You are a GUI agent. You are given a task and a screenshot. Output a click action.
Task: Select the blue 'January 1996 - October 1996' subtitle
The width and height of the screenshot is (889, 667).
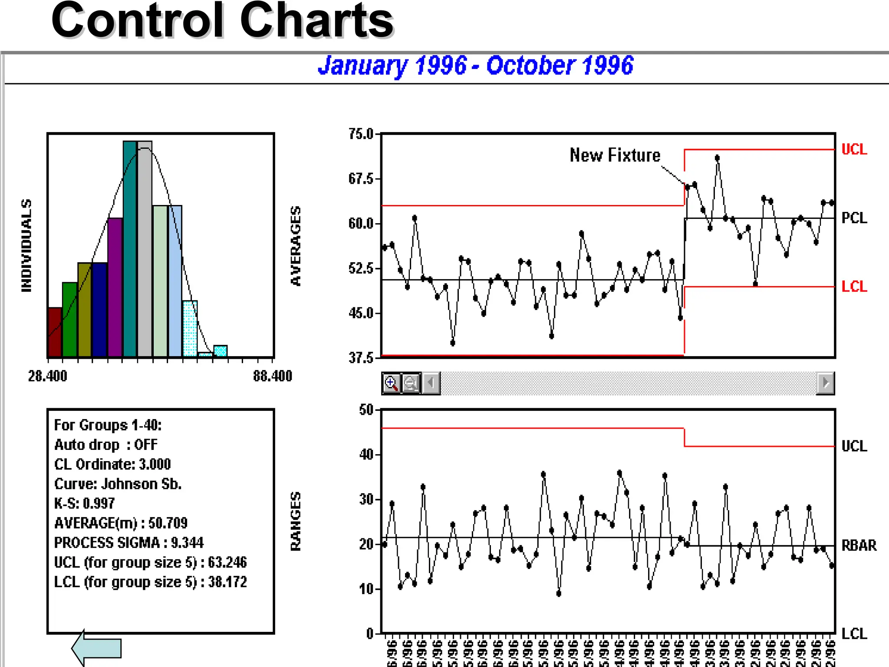475,66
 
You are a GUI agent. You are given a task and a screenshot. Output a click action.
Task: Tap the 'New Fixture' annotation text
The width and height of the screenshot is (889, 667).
615,155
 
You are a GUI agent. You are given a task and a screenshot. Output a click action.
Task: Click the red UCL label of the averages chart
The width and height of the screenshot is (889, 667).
854,149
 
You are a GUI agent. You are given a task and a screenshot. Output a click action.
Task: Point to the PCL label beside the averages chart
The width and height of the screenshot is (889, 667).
854,218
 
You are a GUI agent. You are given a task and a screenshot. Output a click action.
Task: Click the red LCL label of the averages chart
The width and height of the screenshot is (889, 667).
854,287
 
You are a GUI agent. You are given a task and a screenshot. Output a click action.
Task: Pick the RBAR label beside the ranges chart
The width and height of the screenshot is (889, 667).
859,545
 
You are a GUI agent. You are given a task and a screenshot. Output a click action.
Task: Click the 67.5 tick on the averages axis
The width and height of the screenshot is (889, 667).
361,179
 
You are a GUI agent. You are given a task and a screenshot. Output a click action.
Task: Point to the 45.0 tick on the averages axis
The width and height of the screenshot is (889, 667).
361,313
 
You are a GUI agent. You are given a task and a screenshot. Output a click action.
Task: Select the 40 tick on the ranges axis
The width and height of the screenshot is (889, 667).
367,455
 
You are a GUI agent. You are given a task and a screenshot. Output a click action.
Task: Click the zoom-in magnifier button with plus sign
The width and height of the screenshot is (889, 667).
391,383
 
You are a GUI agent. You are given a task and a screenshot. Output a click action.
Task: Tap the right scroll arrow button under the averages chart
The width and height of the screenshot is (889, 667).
825,383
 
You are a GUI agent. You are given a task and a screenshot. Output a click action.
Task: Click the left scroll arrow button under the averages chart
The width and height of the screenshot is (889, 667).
431,383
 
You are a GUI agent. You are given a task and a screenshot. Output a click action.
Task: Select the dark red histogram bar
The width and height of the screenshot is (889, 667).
55,332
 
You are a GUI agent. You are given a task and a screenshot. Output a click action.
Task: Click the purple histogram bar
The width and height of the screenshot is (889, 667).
115,287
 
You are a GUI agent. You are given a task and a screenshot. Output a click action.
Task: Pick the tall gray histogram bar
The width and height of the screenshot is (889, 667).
145,249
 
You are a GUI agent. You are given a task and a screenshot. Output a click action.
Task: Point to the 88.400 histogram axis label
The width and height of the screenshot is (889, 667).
273,376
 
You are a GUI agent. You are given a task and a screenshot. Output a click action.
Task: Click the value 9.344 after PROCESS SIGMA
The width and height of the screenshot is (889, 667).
187,543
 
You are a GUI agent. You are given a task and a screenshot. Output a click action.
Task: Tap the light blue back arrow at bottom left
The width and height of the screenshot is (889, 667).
97,648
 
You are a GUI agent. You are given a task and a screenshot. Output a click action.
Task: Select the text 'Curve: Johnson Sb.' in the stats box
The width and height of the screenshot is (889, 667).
118,484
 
